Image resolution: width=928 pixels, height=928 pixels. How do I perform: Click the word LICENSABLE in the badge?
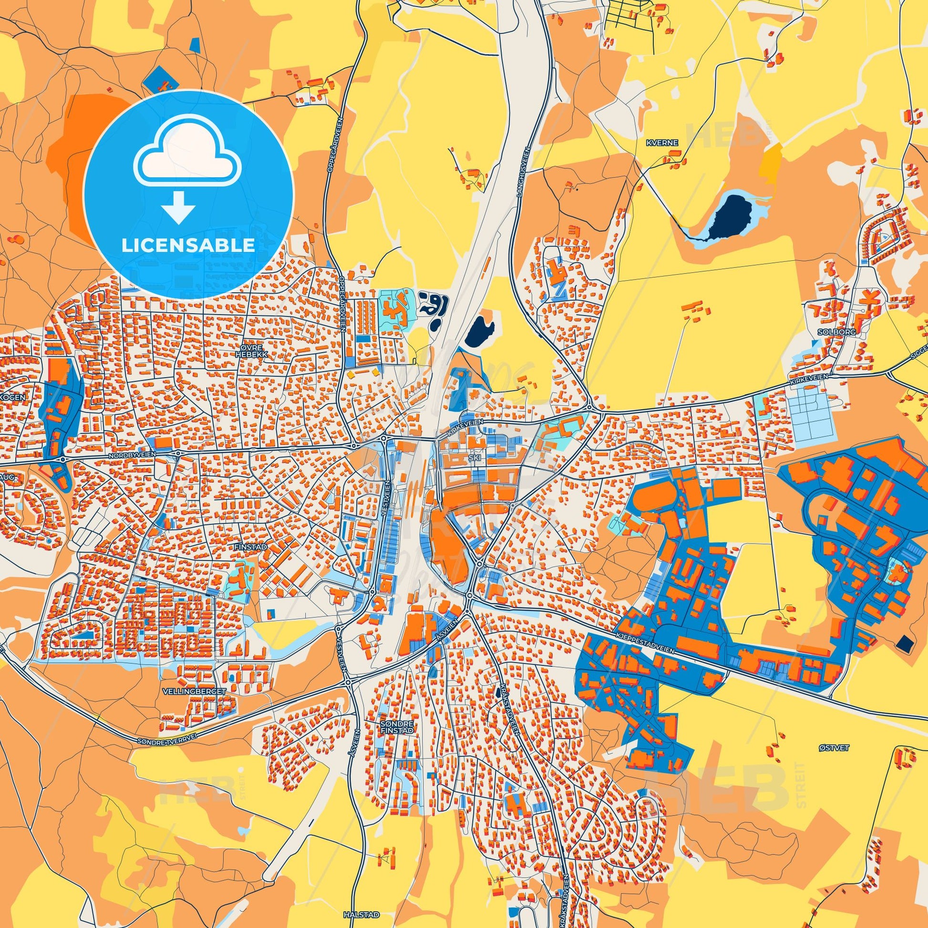[x=188, y=246]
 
